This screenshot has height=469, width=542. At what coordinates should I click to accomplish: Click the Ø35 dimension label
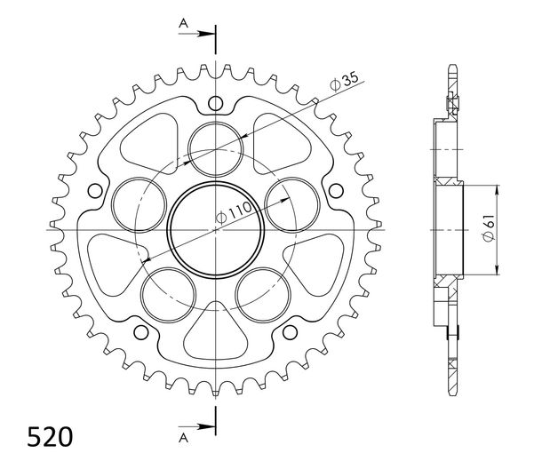[345, 82]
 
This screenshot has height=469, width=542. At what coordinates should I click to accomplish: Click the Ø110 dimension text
[234, 213]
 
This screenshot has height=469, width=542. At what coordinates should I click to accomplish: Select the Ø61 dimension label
[489, 228]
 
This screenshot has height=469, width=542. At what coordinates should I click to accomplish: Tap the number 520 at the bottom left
[50, 437]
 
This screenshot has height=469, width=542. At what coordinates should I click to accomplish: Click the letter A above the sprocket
[183, 23]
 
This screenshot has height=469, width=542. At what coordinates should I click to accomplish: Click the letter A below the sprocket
[183, 438]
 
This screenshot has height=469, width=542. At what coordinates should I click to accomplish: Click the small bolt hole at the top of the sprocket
[216, 103]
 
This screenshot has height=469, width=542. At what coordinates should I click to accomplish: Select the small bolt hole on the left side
[95, 191]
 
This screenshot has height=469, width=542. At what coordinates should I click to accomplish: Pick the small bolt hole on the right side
[336, 191]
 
